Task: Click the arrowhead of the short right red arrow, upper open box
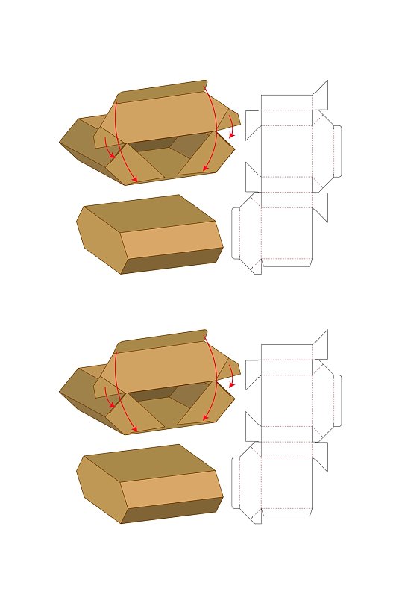(232, 137)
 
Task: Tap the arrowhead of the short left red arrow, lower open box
(112, 405)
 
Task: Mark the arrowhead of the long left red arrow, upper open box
(135, 181)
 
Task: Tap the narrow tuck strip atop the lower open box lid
(160, 340)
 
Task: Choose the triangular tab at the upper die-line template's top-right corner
(321, 95)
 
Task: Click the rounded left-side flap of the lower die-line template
(236, 482)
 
